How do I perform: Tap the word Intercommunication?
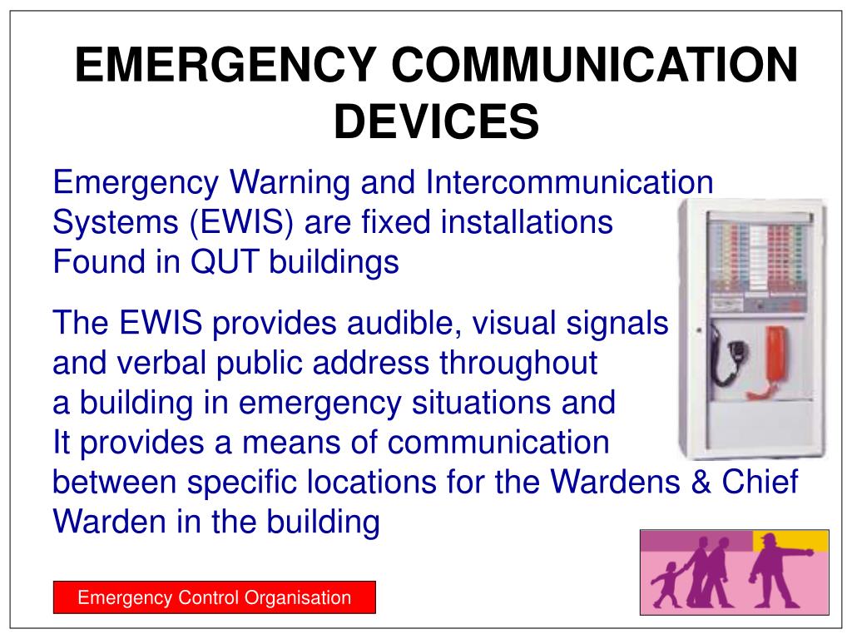pos(569,181)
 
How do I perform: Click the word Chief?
pos(764,483)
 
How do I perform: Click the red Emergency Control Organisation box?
pos(215,597)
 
